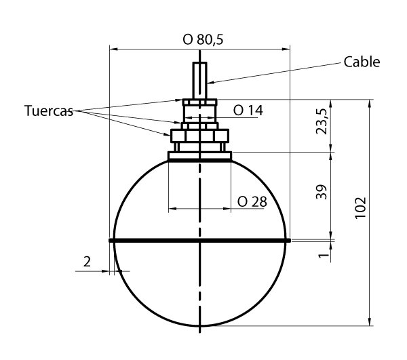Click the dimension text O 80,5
tap(203, 39)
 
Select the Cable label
tap(362, 62)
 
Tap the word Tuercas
tap(48, 111)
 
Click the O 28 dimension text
tap(252, 201)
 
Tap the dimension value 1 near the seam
tap(324, 255)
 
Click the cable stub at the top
tap(199, 80)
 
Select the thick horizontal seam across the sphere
tap(199, 240)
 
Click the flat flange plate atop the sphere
tap(199, 156)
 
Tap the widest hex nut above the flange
tap(199, 136)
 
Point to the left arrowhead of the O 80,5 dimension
tap(113, 49)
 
